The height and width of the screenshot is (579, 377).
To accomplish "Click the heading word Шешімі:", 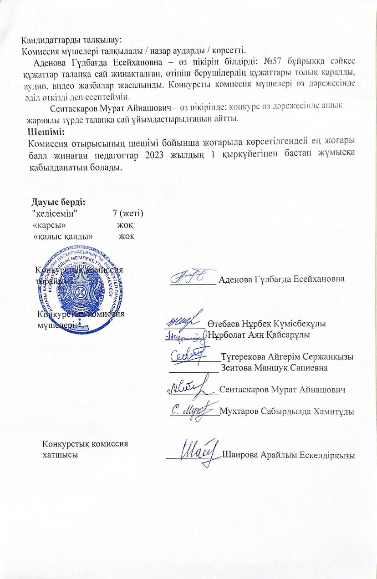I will pos(46,132).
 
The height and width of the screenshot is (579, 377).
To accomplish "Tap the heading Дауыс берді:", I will pos(59,201).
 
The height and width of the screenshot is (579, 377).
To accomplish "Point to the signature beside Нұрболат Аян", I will pos(185,335).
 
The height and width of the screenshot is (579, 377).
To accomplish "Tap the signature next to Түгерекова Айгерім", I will pos(187,356).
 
